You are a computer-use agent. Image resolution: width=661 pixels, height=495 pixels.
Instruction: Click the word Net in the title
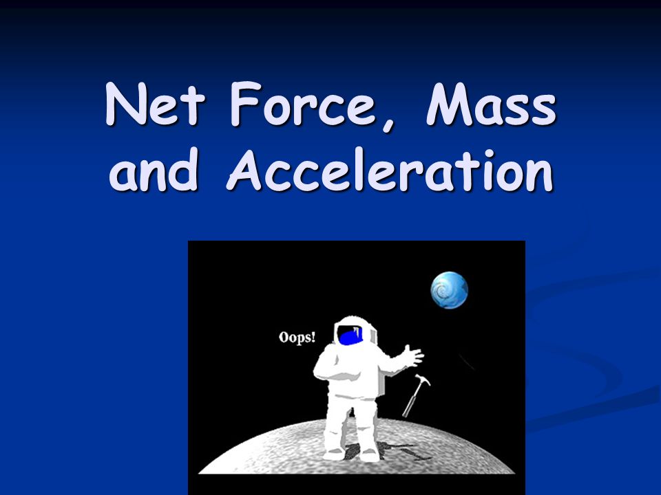tap(155, 104)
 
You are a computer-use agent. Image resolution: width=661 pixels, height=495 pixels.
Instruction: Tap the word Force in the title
tap(303, 104)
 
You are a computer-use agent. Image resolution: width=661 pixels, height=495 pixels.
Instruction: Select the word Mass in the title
tap(491, 104)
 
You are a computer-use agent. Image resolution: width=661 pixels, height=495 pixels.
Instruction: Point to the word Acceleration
tap(390, 170)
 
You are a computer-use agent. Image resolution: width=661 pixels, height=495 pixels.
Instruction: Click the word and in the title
tap(154, 170)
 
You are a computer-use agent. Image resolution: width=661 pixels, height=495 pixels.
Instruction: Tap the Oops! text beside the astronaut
tap(297, 338)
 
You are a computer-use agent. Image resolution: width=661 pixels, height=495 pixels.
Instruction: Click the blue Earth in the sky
tap(450, 290)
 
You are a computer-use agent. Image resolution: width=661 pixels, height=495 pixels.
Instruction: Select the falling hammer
tap(416, 395)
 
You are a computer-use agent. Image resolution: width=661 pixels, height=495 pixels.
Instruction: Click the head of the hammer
tap(423, 379)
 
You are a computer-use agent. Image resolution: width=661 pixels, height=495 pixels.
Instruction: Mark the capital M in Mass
tap(450, 104)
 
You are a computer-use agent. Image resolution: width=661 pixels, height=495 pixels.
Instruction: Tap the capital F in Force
tap(245, 104)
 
